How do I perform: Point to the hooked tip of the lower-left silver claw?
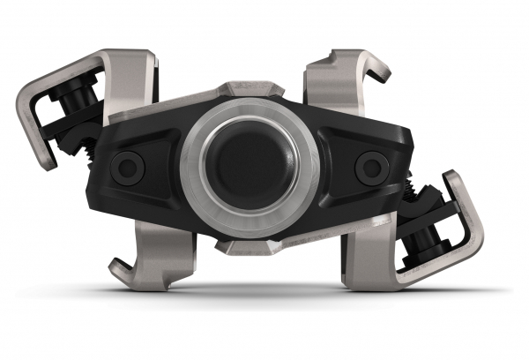pos(119,266)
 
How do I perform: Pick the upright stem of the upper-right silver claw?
pos(331,88)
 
